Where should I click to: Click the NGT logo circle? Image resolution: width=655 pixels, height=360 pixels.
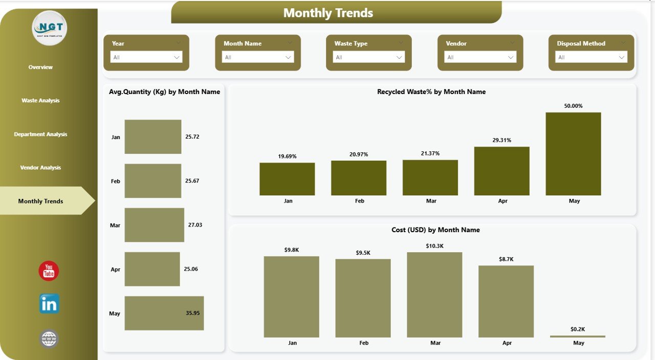coord(49,28)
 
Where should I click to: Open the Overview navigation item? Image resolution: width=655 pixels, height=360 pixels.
coord(40,67)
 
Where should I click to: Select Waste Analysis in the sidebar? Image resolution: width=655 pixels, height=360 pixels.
coord(40,101)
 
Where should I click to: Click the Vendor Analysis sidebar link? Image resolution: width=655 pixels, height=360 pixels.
coord(40,168)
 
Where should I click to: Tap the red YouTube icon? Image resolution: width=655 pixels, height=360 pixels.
coord(49,271)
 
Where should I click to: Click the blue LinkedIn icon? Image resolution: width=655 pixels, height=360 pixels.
coord(49,304)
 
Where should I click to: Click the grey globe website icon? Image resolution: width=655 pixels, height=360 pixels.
coord(49,339)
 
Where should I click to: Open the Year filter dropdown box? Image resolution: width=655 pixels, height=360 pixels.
coord(146,57)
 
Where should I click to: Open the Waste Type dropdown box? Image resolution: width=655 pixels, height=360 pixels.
coord(369,57)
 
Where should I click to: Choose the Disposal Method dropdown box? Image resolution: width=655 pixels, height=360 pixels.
coord(592,57)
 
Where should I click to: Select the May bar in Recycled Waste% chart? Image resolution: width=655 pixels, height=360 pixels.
coord(573,153)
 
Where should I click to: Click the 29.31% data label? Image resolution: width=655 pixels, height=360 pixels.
coord(502,140)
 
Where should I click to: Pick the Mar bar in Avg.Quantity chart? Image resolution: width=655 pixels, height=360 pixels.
coord(154,225)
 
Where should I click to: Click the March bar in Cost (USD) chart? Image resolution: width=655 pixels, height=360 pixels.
coord(434,295)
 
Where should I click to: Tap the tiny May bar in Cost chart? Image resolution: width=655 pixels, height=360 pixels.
coord(578,336)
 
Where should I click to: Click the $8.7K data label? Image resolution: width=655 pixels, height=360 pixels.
coord(506,259)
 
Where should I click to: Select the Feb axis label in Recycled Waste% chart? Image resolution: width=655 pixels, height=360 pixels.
coord(360,201)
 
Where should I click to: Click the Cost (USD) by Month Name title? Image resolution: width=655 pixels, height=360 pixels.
coord(435,230)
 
